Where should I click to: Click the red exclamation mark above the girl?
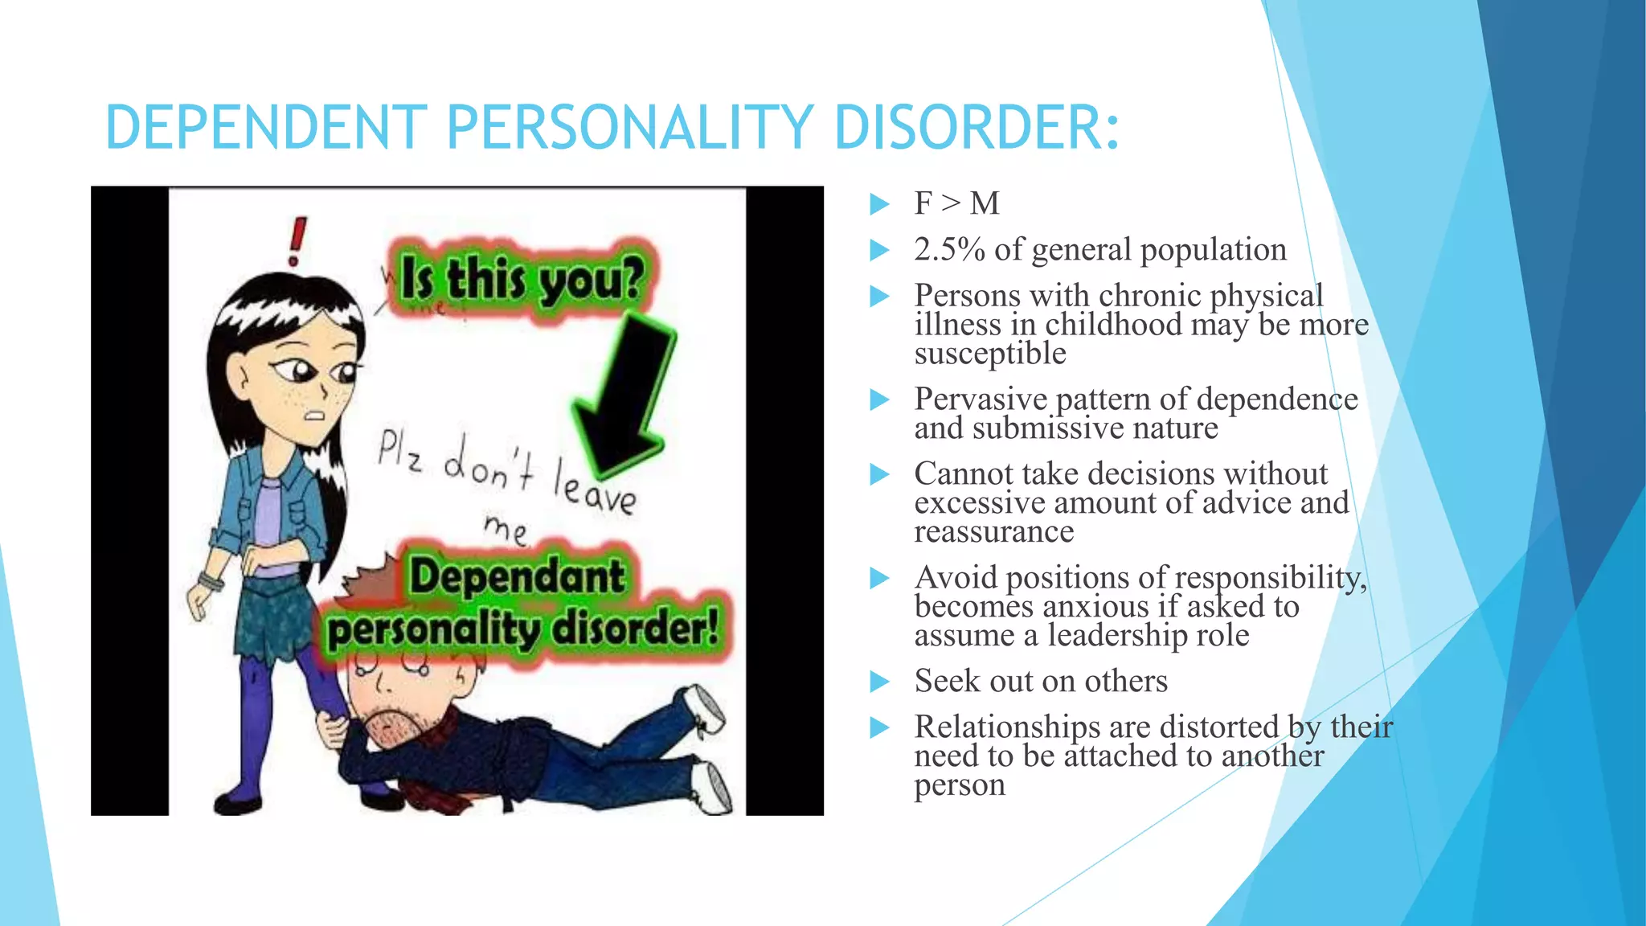click(297, 241)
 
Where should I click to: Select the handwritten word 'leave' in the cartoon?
click(594, 486)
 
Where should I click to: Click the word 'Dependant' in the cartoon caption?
click(517, 577)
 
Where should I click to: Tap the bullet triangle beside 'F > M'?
click(880, 204)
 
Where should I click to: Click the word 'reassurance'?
click(993, 532)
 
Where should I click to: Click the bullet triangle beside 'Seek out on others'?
click(880, 682)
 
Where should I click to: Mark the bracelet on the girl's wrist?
click(211, 581)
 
